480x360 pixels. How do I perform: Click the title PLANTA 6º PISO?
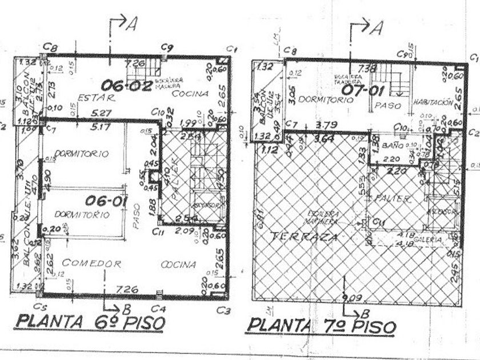click(90, 322)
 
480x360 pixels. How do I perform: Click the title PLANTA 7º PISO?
click(321, 326)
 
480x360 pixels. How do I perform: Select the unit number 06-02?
click(131, 86)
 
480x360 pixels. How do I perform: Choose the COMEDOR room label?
click(91, 263)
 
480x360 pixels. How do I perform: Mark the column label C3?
click(223, 310)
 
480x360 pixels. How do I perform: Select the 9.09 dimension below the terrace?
click(352, 297)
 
